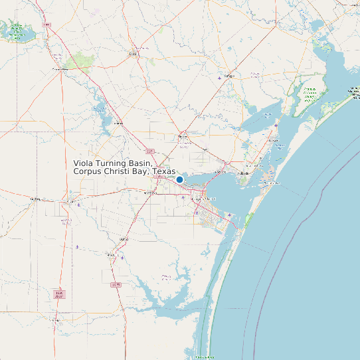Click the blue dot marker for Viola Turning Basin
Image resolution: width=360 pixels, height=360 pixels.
(179, 179)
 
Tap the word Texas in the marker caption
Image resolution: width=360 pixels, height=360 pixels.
(164, 171)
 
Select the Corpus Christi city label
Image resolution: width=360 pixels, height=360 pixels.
(203, 199)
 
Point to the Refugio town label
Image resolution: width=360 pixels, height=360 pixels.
(230, 76)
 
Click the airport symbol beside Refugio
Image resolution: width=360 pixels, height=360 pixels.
(220, 78)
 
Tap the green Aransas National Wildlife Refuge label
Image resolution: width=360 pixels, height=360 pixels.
(309, 93)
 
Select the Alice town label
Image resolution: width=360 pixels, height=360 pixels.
(69, 199)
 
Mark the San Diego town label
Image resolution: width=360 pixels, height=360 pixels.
(36, 198)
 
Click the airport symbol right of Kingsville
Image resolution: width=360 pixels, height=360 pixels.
(122, 258)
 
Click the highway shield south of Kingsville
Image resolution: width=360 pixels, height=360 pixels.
(116, 284)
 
